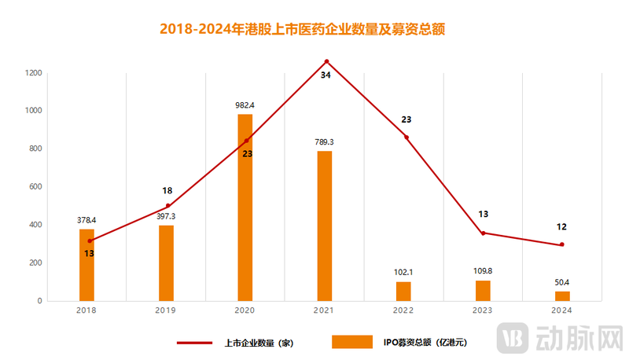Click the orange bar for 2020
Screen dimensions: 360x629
click(x=245, y=208)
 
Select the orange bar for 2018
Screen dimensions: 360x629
click(x=86, y=265)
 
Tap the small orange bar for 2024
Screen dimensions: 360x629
click(x=562, y=296)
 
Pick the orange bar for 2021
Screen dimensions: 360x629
click(x=325, y=226)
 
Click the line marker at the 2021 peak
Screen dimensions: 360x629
click(x=326, y=61)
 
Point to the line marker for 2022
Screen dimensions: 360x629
click(x=406, y=138)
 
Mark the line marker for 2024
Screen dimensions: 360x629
click(x=562, y=244)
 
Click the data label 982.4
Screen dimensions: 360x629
click(x=245, y=105)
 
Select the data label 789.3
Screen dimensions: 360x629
click(x=325, y=141)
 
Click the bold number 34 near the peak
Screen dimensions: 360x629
click(x=326, y=75)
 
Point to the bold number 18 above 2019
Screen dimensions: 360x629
click(x=167, y=190)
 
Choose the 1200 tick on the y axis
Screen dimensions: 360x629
click(x=32, y=73)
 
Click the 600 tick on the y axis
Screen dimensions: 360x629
click(x=35, y=187)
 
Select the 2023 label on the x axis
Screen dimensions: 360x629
click(x=483, y=311)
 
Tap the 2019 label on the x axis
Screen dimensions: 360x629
click(x=166, y=311)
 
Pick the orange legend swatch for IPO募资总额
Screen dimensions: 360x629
click(x=351, y=342)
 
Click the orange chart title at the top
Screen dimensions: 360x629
click(x=308, y=30)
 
